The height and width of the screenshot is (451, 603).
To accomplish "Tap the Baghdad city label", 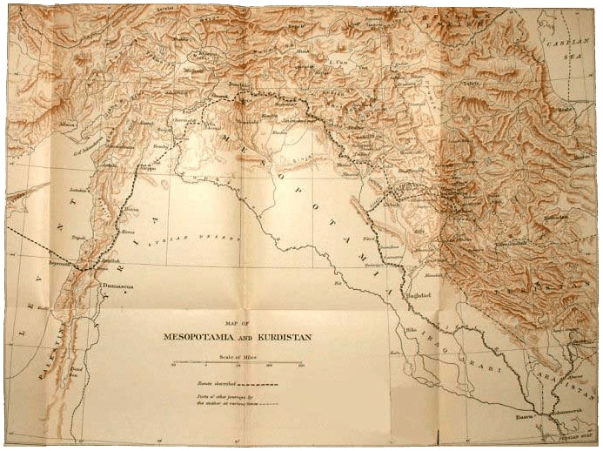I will click(419, 296).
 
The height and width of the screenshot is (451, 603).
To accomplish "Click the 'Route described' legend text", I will click(215, 383).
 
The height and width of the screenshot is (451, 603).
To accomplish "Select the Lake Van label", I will click(345, 64).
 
